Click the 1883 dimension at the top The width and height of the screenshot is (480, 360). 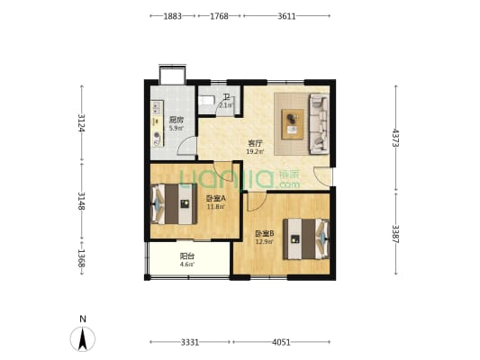173,16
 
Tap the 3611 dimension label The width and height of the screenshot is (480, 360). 286,16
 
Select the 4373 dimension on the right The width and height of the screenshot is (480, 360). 395,138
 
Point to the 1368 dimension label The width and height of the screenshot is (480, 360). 81,258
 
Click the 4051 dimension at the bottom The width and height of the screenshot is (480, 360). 281,342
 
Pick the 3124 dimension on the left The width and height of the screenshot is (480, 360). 81,122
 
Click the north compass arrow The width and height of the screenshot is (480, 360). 82,338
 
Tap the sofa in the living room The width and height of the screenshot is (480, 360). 320,123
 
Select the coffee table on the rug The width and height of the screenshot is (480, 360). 293,124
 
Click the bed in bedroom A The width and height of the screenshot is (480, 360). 174,204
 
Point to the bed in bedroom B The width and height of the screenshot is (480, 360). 306,238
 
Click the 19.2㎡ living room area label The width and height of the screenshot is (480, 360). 255,151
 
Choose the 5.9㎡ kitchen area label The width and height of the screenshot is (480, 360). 177,128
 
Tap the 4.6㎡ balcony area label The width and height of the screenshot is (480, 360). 187,265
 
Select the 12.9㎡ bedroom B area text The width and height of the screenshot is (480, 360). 265,241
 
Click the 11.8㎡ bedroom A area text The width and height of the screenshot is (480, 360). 216,206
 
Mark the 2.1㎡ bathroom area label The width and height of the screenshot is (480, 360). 226,105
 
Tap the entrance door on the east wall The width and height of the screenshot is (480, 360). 323,176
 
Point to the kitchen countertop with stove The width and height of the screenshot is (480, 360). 158,123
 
